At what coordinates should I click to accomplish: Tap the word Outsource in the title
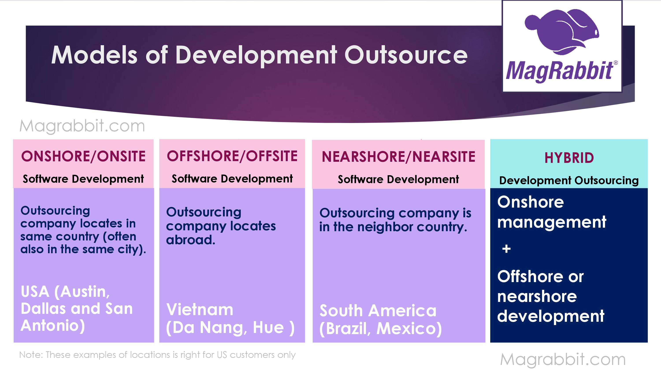406,55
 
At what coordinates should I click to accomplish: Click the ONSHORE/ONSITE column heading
83,156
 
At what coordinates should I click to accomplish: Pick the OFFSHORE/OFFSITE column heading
232,156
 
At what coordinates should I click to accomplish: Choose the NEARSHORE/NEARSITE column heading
399,157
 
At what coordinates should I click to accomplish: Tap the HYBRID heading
569,158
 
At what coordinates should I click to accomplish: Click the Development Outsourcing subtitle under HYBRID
569,180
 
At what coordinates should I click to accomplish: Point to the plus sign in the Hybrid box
506,249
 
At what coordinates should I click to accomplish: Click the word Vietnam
200,310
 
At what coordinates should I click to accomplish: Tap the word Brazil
345,329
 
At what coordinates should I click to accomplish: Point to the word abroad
191,240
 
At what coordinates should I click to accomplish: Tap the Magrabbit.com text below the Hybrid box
563,359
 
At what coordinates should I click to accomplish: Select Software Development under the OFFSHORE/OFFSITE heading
232,179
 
